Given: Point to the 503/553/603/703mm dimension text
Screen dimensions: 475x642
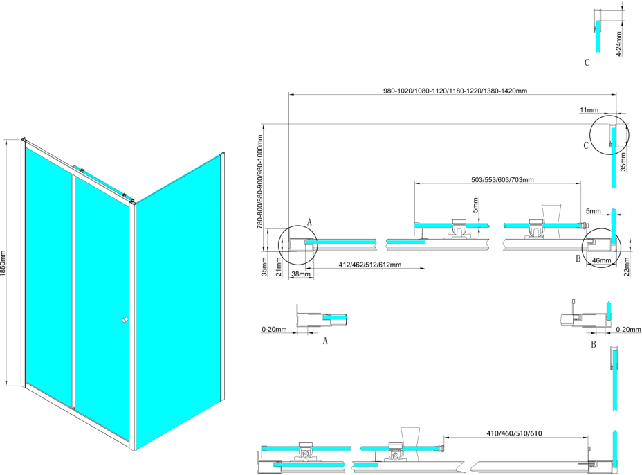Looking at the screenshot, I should (502, 180).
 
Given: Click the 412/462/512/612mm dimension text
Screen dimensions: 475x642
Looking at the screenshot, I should (371, 265).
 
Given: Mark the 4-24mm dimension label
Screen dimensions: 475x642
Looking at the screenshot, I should (619, 44).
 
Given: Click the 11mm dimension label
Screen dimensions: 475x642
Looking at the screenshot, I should (589, 110).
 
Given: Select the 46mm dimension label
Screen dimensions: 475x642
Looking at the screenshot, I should (601, 261).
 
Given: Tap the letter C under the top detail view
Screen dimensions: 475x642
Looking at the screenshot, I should (587, 63).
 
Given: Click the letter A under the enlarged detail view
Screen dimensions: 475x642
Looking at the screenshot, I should (325, 341).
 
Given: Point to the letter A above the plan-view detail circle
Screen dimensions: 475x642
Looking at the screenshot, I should (309, 222).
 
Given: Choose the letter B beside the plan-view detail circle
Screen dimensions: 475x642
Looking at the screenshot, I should (577, 259).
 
